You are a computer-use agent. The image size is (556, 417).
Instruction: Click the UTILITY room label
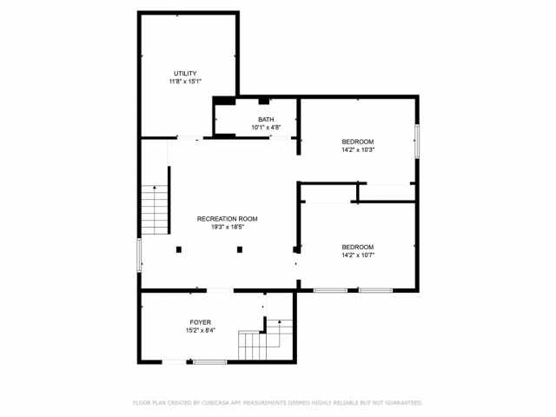(x=185, y=73)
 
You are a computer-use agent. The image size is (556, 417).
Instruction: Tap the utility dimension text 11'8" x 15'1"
(x=185, y=82)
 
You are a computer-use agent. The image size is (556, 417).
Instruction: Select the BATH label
(x=266, y=119)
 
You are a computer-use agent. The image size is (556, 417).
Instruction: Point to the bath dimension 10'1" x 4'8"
(x=266, y=128)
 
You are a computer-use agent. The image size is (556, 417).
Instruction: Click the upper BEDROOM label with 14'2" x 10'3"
(x=357, y=142)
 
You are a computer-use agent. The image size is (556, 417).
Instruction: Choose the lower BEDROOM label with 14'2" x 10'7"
(x=357, y=246)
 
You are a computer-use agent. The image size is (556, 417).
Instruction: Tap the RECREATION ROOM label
(x=227, y=219)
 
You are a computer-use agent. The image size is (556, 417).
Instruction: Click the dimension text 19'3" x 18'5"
(x=227, y=228)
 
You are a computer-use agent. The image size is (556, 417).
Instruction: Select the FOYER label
(x=201, y=322)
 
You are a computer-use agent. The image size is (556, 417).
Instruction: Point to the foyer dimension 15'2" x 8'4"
(x=201, y=331)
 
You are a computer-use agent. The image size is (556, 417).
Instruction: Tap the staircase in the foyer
(x=262, y=341)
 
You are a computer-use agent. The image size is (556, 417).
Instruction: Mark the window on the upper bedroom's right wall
(x=417, y=141)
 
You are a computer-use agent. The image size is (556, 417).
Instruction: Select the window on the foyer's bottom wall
(x=209, y=362)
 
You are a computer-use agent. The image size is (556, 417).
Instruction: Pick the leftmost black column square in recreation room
(x=179, y=250)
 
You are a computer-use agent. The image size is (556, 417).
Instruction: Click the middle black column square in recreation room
(x=239, y=250)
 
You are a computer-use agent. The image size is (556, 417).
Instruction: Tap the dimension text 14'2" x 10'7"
(x=357, y=255)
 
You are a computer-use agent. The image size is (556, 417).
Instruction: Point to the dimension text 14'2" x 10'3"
(x=357, y=150)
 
